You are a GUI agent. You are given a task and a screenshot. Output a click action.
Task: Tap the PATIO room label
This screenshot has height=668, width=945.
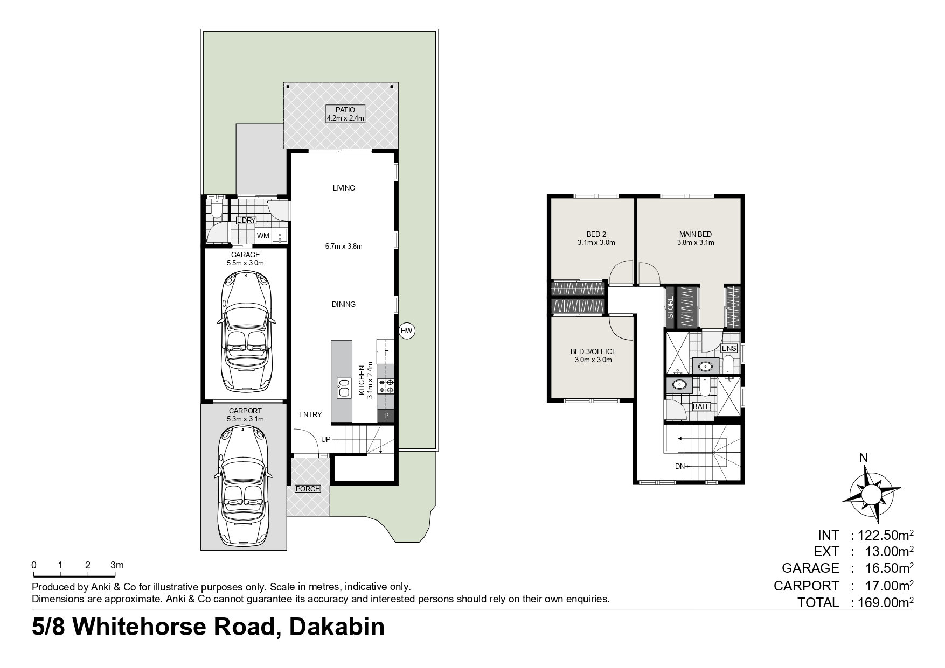pyautogui.click(x=345, y=110)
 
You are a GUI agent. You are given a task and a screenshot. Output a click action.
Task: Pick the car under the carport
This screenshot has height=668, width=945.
pyautogui.click(x=244, y=486)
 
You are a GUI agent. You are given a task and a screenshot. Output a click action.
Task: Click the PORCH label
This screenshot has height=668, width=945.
pyautogui.click(x=308, y=489)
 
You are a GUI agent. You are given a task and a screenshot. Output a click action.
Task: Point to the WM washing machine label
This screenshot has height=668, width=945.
pyautogui.click(x=263, y=236)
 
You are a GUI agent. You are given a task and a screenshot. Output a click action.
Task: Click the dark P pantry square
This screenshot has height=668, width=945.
pyautogui.click(x=386, y=416)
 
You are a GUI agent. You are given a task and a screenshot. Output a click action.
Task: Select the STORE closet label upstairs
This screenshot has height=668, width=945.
pyautogui.click(x=671, y=307)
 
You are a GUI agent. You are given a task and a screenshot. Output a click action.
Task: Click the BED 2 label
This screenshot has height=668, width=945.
pyautogui.click(x=596, y=234)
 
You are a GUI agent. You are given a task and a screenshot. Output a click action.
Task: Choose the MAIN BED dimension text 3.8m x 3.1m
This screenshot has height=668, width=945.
pyautogui.click(x=696, y=242)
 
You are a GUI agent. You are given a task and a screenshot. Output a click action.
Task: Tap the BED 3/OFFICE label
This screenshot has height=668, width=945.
pyautogui.click(x=593, y=351)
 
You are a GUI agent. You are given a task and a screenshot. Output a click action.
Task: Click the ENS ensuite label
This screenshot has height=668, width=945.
pyautogui.click(x=729, y=348)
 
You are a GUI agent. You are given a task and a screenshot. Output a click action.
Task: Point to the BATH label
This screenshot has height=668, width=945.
pyautogui.click(x=701, y=406)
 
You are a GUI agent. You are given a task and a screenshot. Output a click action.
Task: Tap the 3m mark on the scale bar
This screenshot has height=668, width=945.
pyautogui.click(x=116, y=565)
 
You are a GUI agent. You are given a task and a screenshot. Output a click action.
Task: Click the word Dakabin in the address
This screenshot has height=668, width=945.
pyautogui.click(x=337, y=627)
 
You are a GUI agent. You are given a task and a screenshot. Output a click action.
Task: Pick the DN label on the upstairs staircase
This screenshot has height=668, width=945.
pyautogui.click(x=680, y=466)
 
